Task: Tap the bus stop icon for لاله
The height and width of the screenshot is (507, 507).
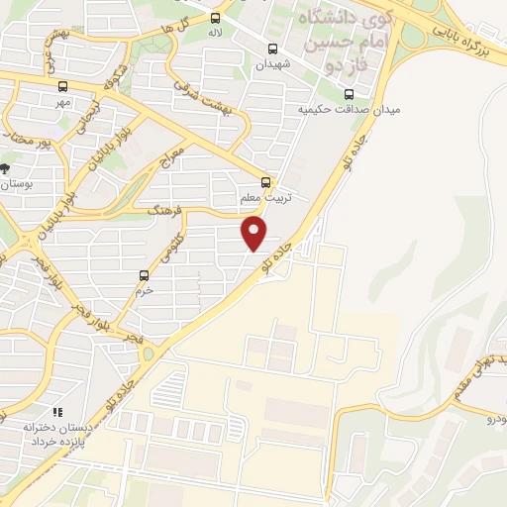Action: click(x=216, y=17)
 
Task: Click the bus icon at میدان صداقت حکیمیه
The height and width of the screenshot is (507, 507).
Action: click(x=348, y=95)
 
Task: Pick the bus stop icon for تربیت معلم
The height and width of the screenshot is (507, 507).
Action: click(x=264, y=182)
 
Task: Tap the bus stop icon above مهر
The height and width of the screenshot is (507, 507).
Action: click(x=63, y=86)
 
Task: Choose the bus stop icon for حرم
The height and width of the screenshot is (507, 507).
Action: click(x=145, y=275)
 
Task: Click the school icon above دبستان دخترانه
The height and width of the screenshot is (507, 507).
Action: click(x=57, y=411)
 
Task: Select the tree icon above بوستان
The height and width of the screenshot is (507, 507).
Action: click(x=6, y=168)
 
